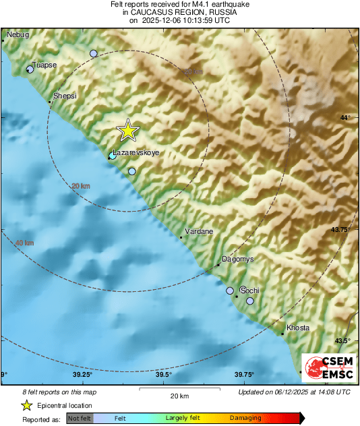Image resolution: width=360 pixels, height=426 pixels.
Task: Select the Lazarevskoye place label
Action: tap(136, 153)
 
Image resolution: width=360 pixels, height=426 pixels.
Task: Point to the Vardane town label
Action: tap(199, 231)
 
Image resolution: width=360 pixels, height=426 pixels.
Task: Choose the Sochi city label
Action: tap(249, 291)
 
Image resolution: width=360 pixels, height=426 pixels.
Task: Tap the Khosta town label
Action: tap(298, 328)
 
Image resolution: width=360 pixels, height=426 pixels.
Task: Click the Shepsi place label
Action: tap(65, 96)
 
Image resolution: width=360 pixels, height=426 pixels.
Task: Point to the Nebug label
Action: tap(19, 34)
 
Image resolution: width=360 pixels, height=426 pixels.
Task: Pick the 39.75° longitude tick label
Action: tap(243, 375)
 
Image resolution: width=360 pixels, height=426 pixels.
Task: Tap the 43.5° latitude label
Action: tap(343, 340)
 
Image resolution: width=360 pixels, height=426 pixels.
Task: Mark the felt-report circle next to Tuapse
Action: tap(30, 69)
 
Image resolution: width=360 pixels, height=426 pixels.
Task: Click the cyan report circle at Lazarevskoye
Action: tap(112, 156)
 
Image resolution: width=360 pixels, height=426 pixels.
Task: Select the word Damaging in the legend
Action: tap(245, 418)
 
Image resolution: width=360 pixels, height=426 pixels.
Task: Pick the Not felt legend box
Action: tap(80, 418)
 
